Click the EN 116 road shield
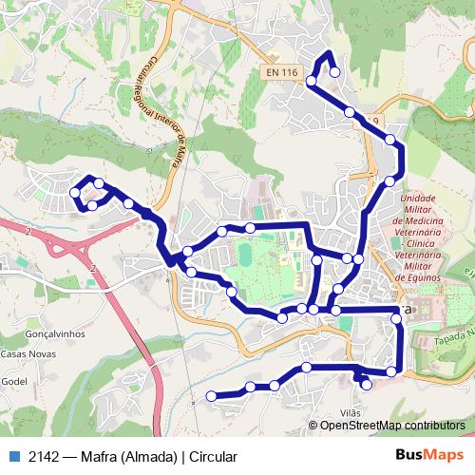point(283,72)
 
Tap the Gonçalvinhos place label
point(56,334)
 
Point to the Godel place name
point(15,380)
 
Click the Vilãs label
point(350,412)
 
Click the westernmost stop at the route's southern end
point(211,396)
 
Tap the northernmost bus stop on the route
point(334,71)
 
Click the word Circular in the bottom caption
point(213,456)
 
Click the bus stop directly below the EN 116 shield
point(312,81)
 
